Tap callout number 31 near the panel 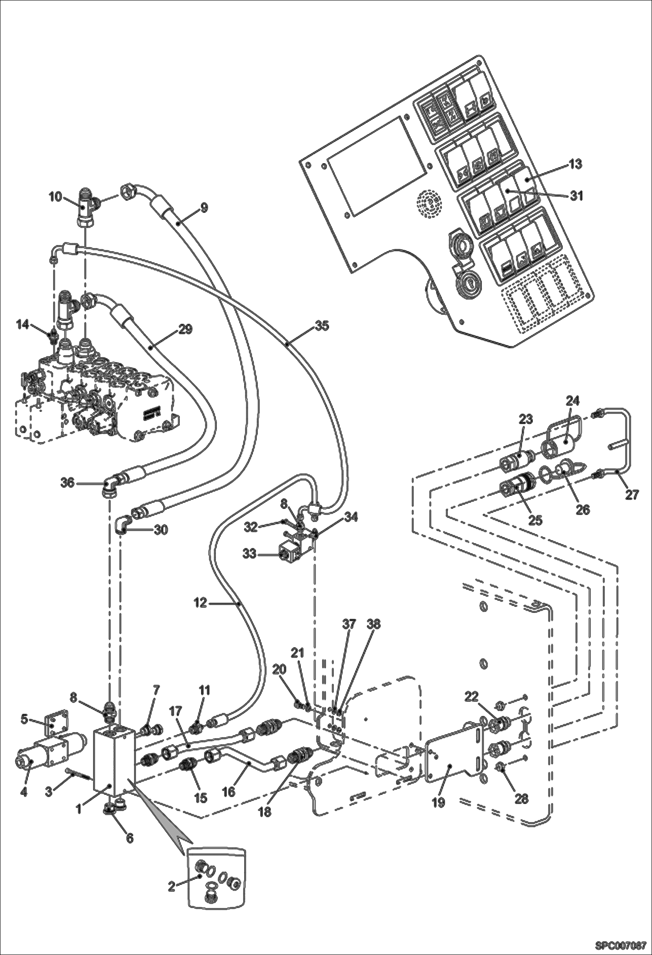[576, 196]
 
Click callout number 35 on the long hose [322, 325]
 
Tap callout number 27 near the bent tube [632, 494]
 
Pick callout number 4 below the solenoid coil [24, 792]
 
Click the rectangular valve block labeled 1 [113, 760]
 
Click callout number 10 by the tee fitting [55, 197]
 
